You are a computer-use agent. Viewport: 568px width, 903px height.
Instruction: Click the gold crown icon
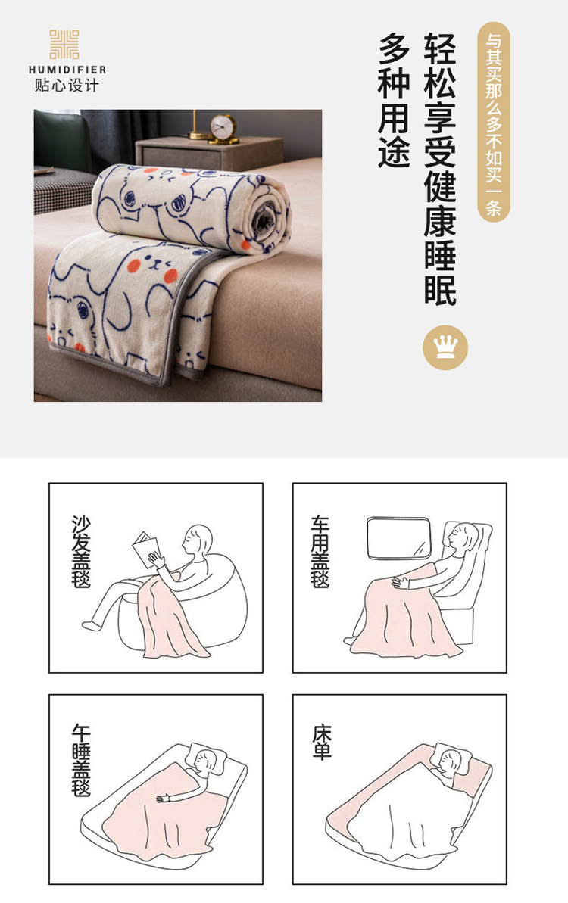point(445,347)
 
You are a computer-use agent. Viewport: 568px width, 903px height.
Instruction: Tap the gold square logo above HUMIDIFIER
point(64,45)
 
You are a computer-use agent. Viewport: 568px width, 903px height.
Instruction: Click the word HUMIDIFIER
point(67,70)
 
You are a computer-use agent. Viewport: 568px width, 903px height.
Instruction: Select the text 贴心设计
point(67,86)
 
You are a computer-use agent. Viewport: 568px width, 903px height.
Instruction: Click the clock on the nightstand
point(223,129)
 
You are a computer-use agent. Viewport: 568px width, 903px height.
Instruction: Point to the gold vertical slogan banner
point(494,122)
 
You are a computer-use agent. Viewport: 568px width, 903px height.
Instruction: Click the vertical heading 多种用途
point(394,100)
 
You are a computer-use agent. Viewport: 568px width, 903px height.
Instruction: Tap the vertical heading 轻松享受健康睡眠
point(440,169)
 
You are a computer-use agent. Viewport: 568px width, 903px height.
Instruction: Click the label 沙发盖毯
point(81,550)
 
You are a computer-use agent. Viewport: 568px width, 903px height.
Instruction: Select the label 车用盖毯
point(320,551)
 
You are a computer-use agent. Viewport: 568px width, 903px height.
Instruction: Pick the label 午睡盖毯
point(81,760)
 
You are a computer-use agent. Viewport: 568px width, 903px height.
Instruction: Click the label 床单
point(322,743)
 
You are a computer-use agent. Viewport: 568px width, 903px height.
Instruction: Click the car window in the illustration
point(399,538)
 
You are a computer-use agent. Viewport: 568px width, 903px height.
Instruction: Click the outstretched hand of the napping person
point(163,799)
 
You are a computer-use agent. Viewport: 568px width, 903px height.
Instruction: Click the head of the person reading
point(196,540)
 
